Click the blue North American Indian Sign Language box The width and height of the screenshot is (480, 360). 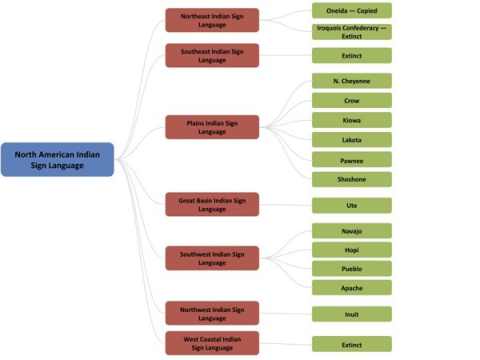[x=57, y=159]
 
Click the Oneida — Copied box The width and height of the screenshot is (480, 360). [x=352, y=10]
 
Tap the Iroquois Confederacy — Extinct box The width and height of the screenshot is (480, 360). [x=352, y=31]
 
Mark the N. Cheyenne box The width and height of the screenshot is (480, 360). [x=352, y=81]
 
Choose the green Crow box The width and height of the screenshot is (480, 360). [x=352, y=101]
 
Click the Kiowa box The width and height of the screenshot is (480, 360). [x=352, y=120]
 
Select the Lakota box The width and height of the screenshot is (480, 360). [x=352, y=140]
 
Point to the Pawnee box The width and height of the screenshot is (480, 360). [x=352, y=160]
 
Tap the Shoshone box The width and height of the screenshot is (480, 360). [x=352, y=179]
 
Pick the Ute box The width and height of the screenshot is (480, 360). [x=352, y=206]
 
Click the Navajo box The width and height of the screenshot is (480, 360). [x=352, y=230]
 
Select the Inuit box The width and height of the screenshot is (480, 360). [x=352, y=314]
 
